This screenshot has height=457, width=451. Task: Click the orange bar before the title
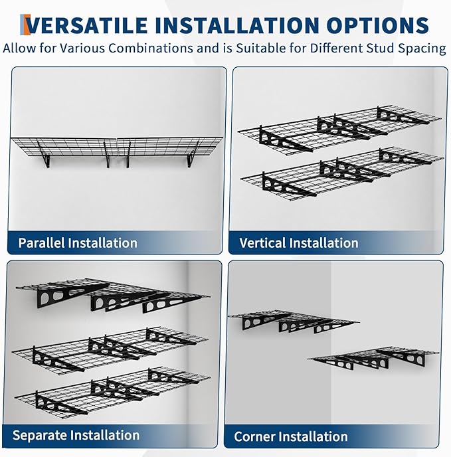click(x=24, y=25)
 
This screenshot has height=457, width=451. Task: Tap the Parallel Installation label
click(x=78, y=242)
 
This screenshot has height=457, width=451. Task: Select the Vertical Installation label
click(x=298, y=243)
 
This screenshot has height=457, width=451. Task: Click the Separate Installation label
click(x=76, y=436)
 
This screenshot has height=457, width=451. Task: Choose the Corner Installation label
click(x=290, y=436)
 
